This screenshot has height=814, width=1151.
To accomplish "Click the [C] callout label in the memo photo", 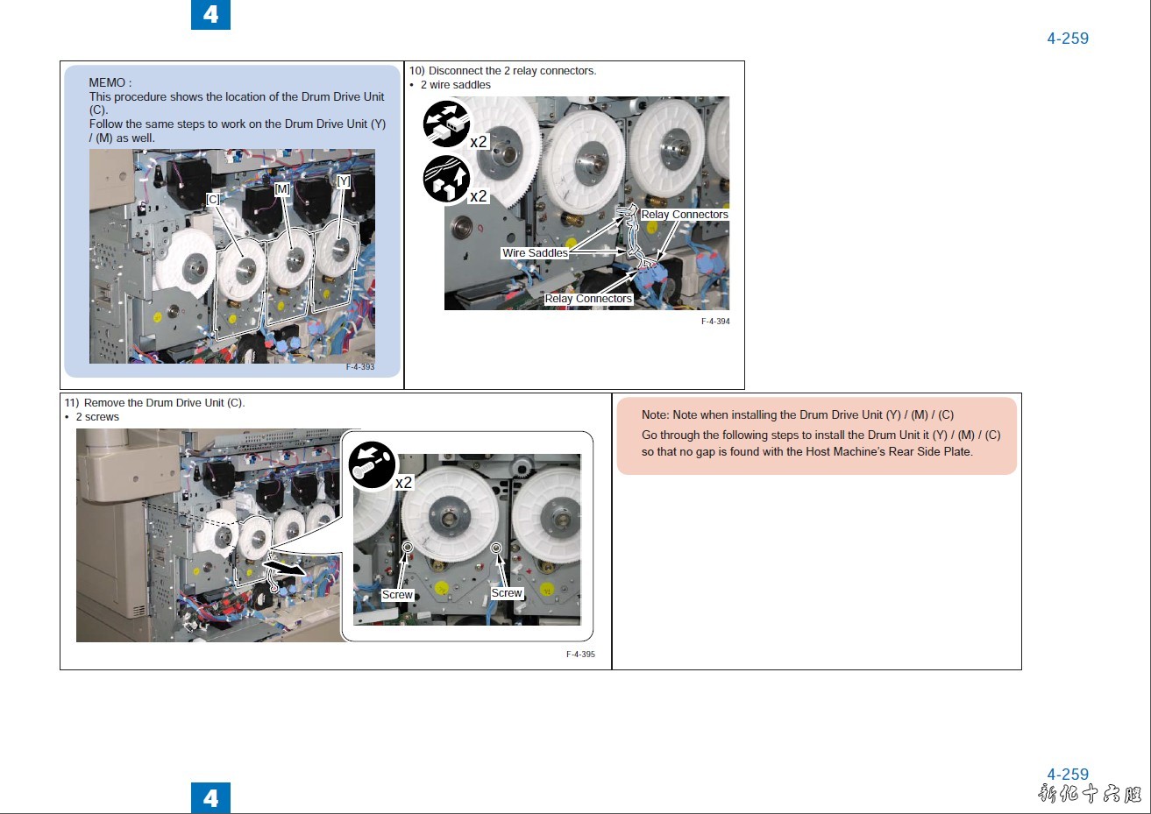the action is (x=213, y=199).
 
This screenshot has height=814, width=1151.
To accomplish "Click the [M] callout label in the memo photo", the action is (x=282, y=189).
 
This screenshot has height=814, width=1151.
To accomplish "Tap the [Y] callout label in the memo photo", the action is (x=344, y=181).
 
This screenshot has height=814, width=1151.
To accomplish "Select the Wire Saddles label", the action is (x=535, y=252).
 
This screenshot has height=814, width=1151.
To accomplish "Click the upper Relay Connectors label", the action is (x=685, y=214).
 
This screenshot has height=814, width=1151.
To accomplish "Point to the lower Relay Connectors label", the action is (x=588, y=299).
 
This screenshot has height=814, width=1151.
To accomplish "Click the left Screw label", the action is (x=397, y=595).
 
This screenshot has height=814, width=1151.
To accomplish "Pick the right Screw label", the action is (x=507, y=593).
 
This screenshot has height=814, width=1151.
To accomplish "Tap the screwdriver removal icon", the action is (x=372, y=464).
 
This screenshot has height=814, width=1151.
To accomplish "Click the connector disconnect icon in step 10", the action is (x=446, y=124).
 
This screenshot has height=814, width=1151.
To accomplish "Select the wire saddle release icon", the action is (x=446, y=179).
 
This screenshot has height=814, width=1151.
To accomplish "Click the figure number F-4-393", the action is (x=360, y=366).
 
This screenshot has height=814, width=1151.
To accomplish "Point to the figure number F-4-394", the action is (x=715, y=321).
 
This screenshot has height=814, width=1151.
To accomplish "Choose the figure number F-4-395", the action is (x=580, y=655).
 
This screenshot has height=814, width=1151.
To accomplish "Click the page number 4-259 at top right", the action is (x=1068, y=38).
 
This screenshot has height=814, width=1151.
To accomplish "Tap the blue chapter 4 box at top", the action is (x=210, y=14).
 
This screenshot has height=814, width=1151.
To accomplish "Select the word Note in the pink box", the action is (x=654, y=414).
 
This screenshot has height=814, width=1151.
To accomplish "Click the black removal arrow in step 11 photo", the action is (x=284, y=567).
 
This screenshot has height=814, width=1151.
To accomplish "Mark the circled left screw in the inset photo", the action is (x=408, y=548).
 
